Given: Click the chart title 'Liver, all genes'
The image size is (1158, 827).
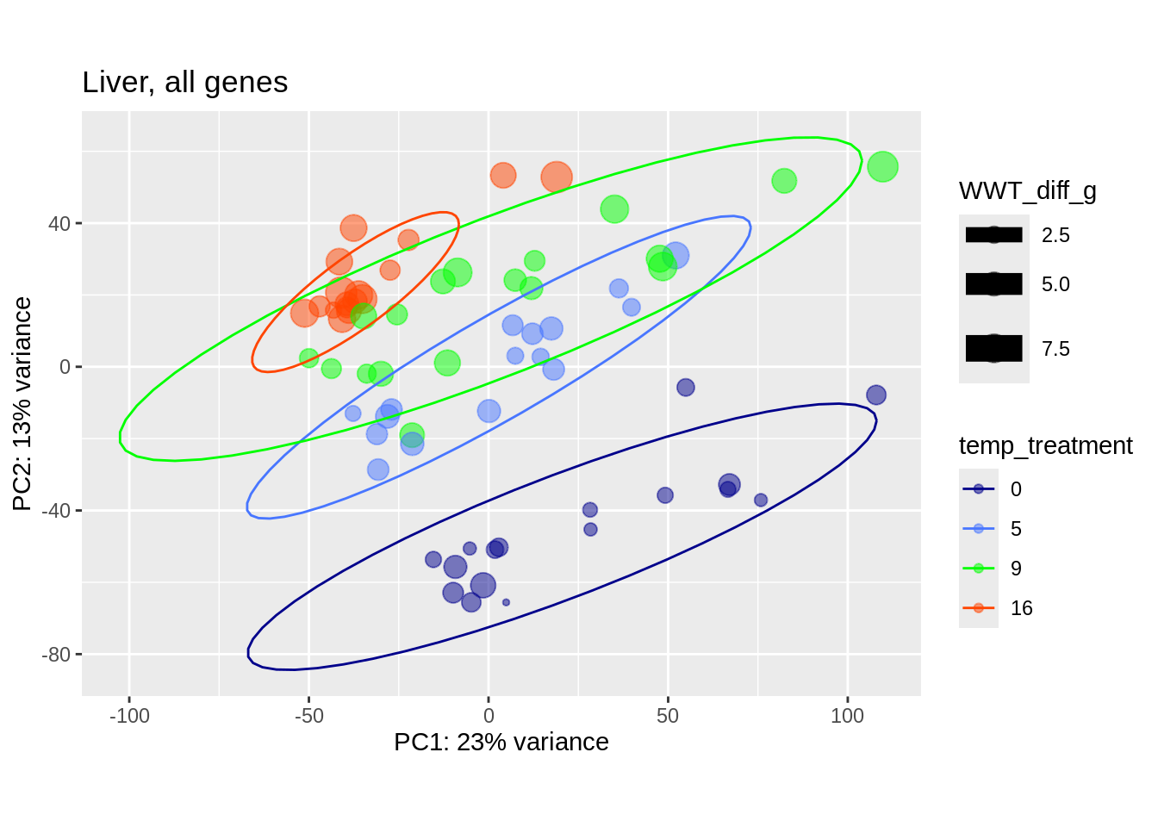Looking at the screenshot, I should pyautogui.click(x=184, y=83).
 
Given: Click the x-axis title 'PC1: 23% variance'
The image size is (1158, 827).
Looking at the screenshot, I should pyautogui.click(x=501, y=742).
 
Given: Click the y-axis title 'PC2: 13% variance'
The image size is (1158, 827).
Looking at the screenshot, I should pyautogui.click(x=22, y=403).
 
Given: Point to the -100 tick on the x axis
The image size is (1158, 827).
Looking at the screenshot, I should pyautogui.click(x=129, y=716).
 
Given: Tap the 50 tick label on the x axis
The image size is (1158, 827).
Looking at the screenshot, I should pyautogui.click(x=668, y=716).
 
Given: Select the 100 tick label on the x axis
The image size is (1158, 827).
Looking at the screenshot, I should pyautogui.click(x=847, y=716).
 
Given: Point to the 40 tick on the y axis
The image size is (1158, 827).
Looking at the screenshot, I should pyautogui.click(x=59, y=224).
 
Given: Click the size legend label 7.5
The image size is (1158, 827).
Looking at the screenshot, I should pyautogui.click(x=1055, y=349).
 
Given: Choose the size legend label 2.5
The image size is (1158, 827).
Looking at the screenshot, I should pyautogui.click(x=1055, y=235).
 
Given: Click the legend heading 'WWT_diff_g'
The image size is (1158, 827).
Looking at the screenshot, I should pyautogui.click(x=1027, y=190).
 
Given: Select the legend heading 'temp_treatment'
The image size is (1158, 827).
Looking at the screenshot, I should pyautogui.click(x=1045, y=445).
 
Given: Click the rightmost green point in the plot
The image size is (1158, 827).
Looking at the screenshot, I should pyautogui.click(x=882, y=166).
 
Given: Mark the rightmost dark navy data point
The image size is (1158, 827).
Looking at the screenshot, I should pyautogui.click(x=875, y=395).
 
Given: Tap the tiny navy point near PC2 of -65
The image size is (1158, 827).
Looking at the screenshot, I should pyautogui.click(x=506, y=602).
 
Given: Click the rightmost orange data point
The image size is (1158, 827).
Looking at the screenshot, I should pyautogui.click(x=557, y=177).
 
